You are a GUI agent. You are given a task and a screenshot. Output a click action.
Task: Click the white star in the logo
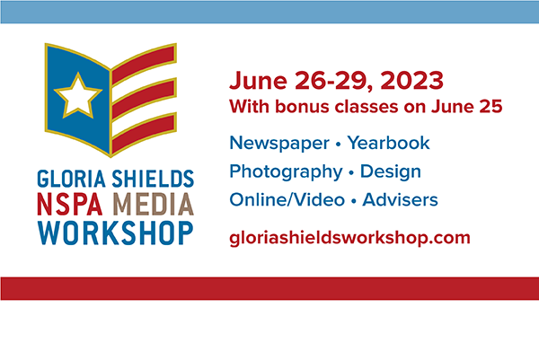coord(78,96)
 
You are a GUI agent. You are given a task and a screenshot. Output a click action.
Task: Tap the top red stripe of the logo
coord(144,65)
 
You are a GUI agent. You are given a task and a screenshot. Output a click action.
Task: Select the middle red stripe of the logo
coord(144,99)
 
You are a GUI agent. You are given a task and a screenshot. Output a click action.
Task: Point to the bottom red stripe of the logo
coord(144,133)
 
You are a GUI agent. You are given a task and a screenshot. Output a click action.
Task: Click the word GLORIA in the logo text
coord(71,179)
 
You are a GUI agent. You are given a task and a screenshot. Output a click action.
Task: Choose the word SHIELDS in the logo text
coord(153,179)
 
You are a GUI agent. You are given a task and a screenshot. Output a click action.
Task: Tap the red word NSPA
coord(70,204)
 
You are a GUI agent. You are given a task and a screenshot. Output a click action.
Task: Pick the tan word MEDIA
coord(154,204)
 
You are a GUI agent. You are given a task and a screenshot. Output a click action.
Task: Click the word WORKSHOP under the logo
coord(116,233)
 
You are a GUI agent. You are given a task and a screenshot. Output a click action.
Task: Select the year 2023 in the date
coord(411,81)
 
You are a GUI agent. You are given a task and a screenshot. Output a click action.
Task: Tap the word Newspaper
coord(279,144)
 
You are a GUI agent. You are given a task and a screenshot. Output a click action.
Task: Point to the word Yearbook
coord(388,143)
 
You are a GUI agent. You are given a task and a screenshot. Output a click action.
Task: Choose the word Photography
coord(286,172)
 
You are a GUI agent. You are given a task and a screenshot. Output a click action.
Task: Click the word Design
coord(391,171)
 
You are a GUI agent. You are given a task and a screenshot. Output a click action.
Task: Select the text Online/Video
coord(287,200)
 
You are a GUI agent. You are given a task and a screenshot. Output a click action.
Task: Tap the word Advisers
coord(400,200)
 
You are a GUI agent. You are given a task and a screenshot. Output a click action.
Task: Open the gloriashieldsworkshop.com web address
coord(350,238)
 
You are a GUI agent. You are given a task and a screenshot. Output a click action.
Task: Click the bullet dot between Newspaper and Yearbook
coord(339,145)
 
